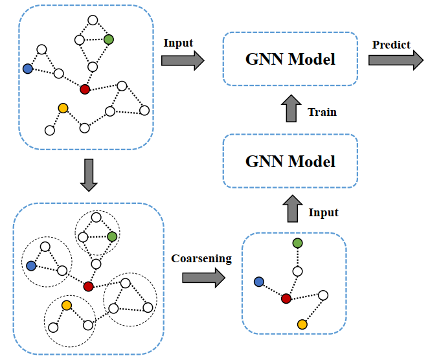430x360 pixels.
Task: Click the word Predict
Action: (391, 45)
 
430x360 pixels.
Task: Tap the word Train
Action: (322, 112)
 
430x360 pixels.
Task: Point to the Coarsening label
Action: (201, 258)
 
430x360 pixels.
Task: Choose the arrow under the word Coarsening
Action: (203, 277)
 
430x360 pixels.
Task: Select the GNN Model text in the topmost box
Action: (291, 60)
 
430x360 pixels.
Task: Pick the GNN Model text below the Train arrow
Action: (291, 161)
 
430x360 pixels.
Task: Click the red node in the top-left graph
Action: (85, 89)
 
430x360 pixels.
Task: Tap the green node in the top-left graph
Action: (108, 39)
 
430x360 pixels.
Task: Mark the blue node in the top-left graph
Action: (27, 68)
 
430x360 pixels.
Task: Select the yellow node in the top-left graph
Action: (63, 108)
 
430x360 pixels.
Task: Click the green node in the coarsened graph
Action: (297, 243)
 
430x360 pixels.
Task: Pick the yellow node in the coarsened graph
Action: (302, 324)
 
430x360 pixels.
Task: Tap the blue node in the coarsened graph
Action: (259, 282)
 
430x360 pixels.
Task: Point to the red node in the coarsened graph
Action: (286, 298)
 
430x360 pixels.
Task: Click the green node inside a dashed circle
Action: (113, 236)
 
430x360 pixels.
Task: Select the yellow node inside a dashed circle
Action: (66, 305)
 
